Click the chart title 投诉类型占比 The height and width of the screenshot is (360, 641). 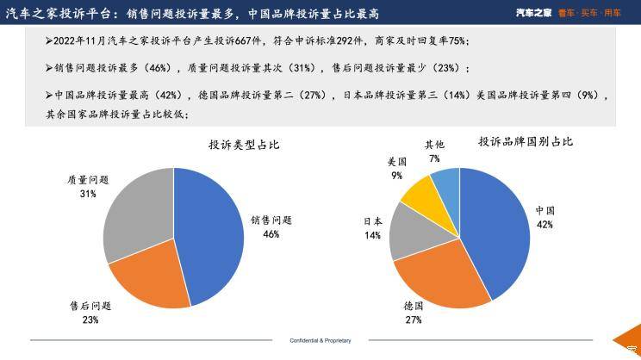point(244,145)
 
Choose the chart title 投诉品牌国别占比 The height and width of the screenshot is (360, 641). point(526,142)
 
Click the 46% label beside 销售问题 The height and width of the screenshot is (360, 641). point(271,234)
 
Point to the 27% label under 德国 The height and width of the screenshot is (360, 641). point(414,320)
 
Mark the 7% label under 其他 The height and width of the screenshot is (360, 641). point(434,158)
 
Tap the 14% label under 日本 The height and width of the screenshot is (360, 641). point(372,235)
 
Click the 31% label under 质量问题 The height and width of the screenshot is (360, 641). point(88,194)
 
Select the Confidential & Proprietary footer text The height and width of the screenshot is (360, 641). point(320,340)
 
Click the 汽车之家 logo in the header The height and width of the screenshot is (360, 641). point(533,13)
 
